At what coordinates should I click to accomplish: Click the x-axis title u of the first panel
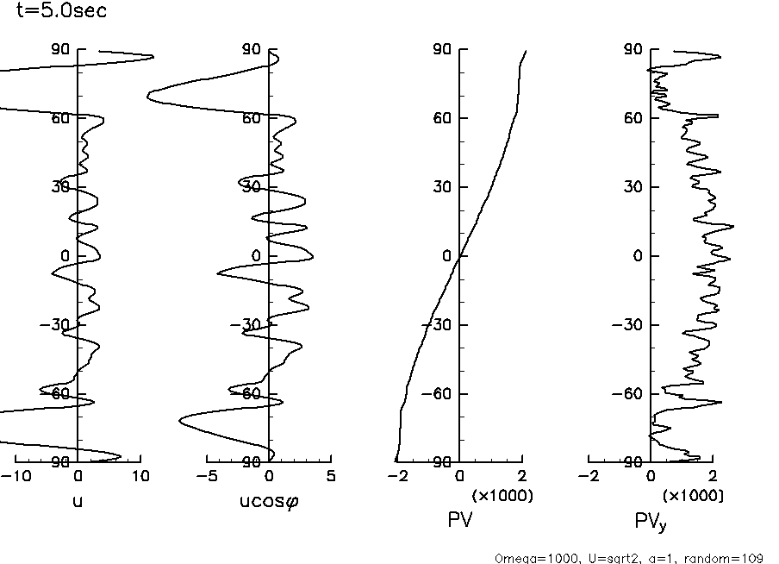click(78, 500)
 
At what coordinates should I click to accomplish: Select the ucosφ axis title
click(269, 500)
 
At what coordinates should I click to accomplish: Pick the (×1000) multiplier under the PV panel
click(502, 496)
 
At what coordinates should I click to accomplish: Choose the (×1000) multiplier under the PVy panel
click(693, 496)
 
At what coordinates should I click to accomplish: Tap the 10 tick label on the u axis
click(141, 477)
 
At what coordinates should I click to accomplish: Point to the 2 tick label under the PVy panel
click(713, 477)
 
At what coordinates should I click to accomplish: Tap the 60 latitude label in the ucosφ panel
click(251, 118)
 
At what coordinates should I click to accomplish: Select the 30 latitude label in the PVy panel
click(633, 187)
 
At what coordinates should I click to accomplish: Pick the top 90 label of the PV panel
click(442, 49)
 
